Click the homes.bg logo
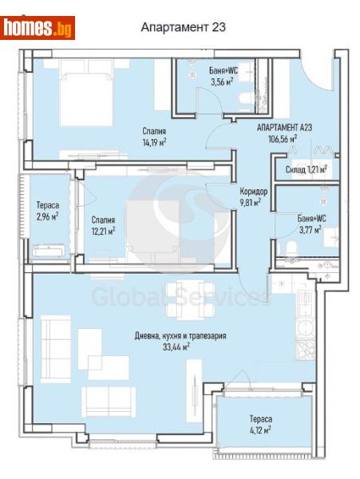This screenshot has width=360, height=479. [38, 28]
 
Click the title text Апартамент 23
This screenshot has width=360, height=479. [183, 26]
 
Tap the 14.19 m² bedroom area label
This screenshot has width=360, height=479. [155, 143]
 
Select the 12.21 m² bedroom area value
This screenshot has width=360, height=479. [103, 232]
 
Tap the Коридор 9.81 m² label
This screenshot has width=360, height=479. [253, 197]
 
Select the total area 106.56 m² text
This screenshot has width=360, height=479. [283, 137]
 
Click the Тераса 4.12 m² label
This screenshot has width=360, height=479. [259, 424]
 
